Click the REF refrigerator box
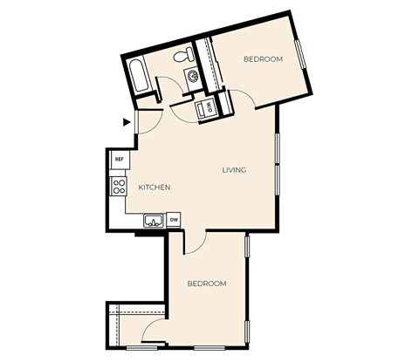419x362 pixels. coord(119,160)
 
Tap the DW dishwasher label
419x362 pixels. coord(174,220)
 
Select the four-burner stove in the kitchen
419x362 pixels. coord(118,187)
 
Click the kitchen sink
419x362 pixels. coord(153,221)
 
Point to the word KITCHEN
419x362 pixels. coord(154,188)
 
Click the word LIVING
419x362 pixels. coord(234,170)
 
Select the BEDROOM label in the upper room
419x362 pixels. coord(263,58)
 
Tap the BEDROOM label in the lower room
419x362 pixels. coord(208,283)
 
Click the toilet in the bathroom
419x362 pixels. coord(183,57)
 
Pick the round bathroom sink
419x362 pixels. coord(193,76)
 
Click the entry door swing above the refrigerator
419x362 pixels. coord(147,120)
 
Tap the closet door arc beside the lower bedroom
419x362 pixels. coord(155,330)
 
